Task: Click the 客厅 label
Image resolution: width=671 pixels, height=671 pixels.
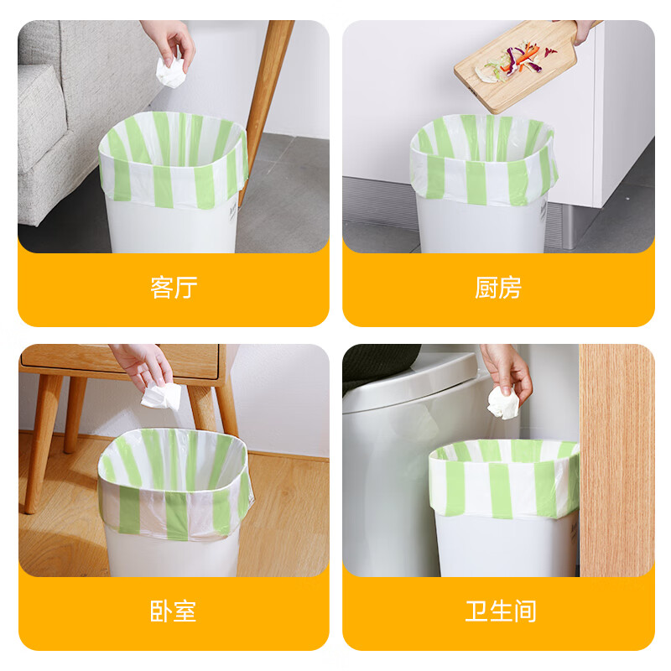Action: click(x=174, y=287)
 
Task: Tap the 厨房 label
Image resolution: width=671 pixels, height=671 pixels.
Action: click(x=498, y=287)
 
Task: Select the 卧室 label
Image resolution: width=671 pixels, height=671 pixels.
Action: click(x=174, y=611)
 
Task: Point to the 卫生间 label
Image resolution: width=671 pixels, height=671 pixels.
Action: click(x=501, y=611)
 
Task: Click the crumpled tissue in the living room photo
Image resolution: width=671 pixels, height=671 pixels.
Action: click(x=170, y=72)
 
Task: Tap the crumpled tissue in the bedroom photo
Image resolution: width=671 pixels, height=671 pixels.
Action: click(x=161, y=396)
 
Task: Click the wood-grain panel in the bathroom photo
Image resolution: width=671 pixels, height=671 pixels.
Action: click(x=616, y=460)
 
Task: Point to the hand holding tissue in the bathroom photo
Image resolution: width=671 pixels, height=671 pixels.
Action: click(x=507, y=369)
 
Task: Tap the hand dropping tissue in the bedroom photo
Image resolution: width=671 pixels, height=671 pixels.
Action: click(x=143, y=367)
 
